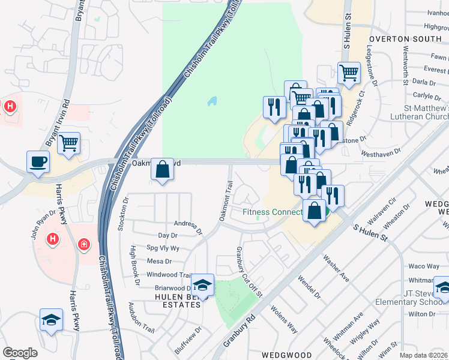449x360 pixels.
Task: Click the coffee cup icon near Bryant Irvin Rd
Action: (38, 162)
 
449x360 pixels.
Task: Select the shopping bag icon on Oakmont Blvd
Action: (162, 169)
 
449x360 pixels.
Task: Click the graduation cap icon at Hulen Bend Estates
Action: (202, 285)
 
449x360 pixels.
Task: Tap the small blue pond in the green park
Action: (212, 101)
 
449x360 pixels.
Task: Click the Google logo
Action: (20, 353)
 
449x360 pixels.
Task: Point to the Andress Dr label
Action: (188, 226)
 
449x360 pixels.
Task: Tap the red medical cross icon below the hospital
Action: (84, 245)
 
